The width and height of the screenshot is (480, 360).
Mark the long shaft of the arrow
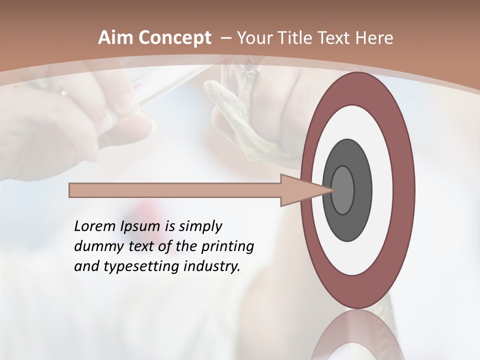click(x=175, y=190)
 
